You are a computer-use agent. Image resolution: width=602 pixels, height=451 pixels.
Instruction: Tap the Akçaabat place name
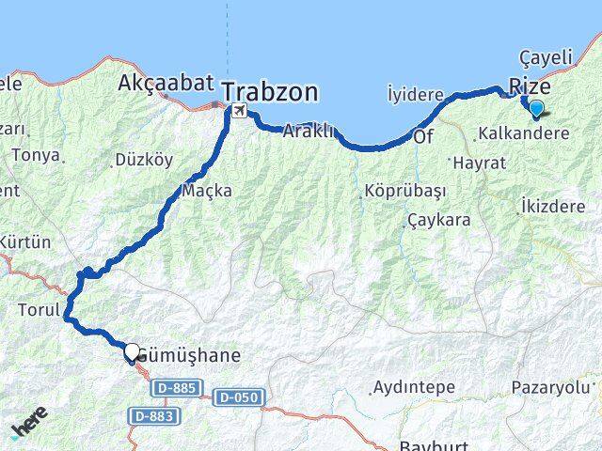point(166,84)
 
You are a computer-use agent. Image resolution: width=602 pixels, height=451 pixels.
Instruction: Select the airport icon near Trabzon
point(239,112)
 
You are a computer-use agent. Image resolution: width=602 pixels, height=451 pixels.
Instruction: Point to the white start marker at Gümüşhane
point(132,352)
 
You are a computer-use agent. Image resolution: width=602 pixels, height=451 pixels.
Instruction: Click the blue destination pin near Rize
point(536,108)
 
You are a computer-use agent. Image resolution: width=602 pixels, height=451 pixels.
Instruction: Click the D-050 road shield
point(237,397)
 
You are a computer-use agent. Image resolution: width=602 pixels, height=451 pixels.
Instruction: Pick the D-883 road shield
point(149,414)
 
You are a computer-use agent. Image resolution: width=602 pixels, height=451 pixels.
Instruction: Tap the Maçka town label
point(207,190)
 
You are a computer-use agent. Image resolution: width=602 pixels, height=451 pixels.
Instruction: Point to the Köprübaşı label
point(404,191)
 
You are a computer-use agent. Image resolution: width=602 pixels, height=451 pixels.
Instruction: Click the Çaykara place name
point(438,221)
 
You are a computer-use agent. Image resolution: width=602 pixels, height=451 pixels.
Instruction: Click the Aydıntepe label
point(414,387)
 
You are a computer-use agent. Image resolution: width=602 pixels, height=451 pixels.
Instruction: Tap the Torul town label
point(39,308)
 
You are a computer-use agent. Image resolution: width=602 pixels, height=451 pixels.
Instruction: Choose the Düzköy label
point(143,160)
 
